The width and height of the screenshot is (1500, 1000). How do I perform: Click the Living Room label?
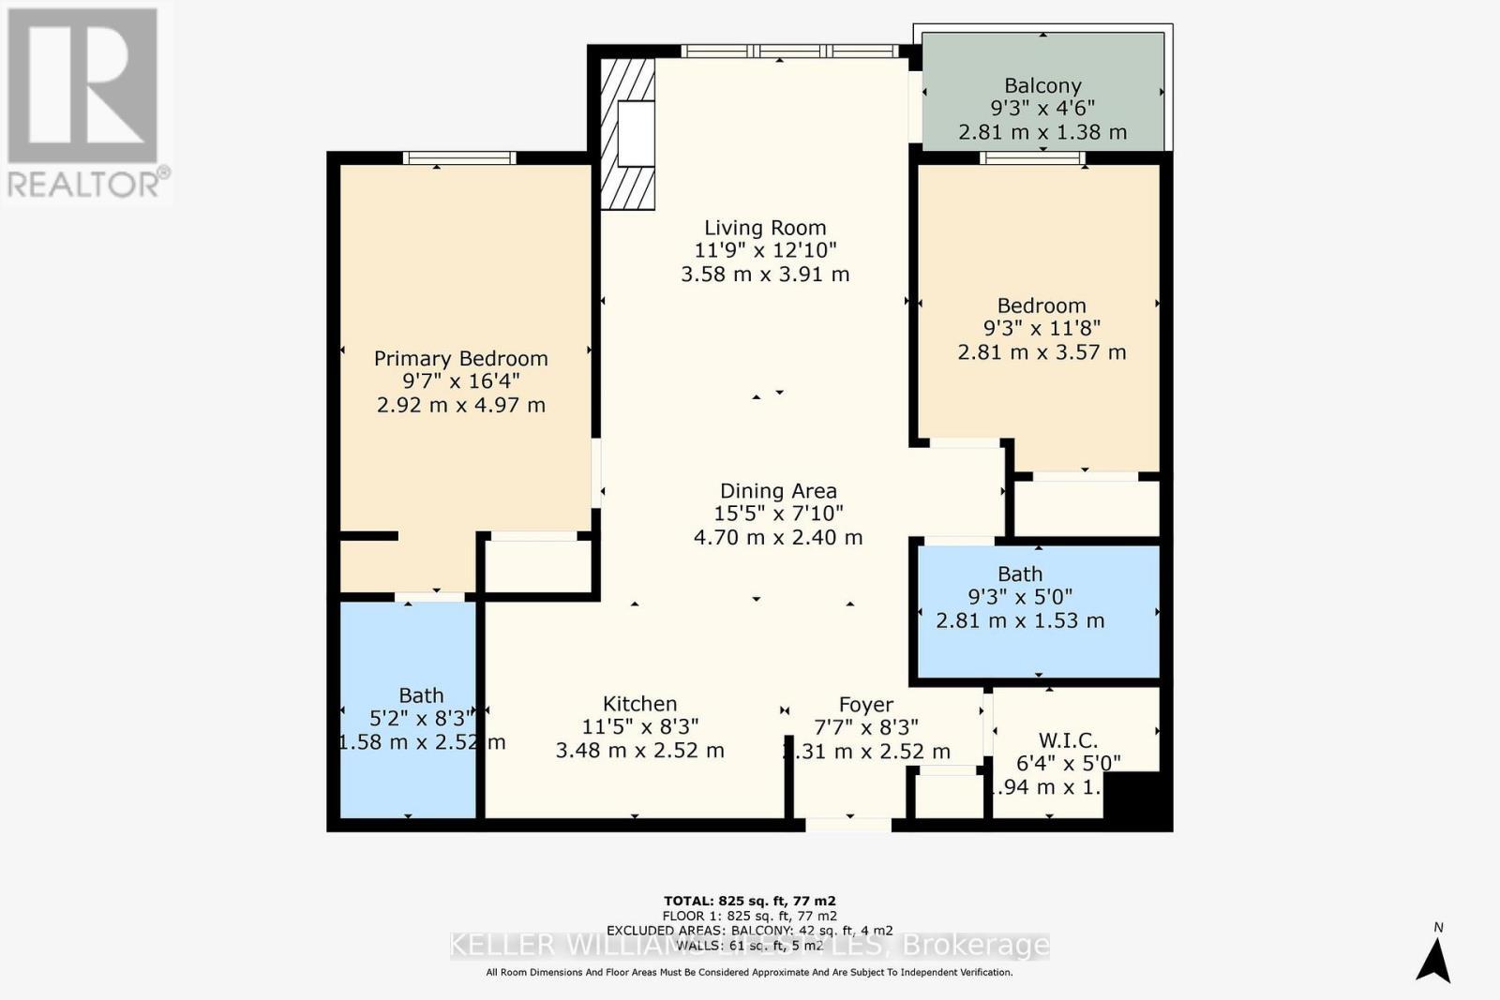click(765, 228)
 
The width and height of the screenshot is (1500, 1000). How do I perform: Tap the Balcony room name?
click(1042, 86)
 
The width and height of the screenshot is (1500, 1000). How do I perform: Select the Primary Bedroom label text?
click(460, 359)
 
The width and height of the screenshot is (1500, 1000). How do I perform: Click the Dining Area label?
click(778, 491)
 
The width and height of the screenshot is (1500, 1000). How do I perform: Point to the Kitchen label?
click(639, 704)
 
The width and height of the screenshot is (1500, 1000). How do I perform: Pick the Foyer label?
click(865, 705)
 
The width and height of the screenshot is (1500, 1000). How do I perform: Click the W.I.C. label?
click(1068, 740)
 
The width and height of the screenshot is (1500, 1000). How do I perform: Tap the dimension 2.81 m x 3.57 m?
click(1042, 352)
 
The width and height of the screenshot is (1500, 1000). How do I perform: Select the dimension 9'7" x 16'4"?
click(460, 381)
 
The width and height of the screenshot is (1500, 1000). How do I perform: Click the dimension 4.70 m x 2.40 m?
click(778, 537)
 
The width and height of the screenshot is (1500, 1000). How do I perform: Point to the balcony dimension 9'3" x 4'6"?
click(1042, 109)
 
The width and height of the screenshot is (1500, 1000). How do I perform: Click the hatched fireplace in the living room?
click(627, 134)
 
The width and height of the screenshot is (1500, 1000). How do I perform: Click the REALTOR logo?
click(84, 103)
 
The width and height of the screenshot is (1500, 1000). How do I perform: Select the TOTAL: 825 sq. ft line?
click(749, 901)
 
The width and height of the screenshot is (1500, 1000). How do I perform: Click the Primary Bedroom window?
click(459, 157)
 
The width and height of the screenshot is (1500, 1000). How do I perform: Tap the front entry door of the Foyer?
click(848, 825)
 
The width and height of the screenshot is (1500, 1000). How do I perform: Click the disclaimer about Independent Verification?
click(749, 973)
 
